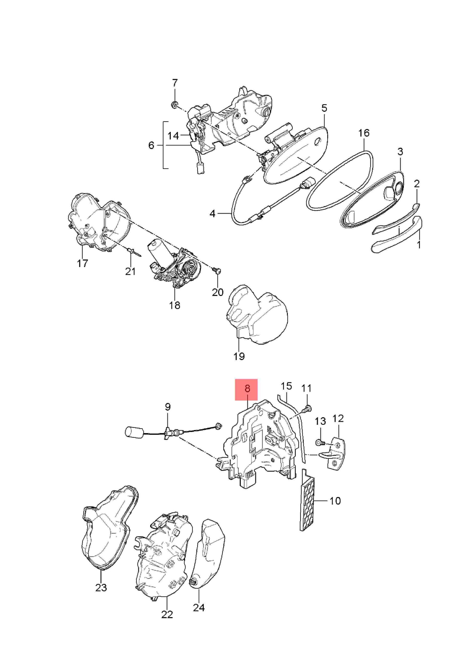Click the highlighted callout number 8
click(x=247, y=389)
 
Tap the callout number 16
click(x=364, y=133)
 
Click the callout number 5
click(x=324, y=108)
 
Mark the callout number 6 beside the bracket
click(x=151, y=145)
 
